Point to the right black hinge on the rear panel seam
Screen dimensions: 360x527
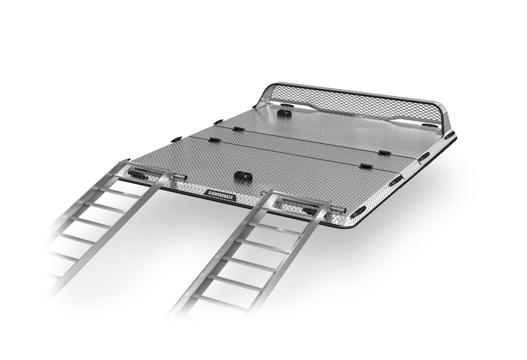(x=383, y=153)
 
